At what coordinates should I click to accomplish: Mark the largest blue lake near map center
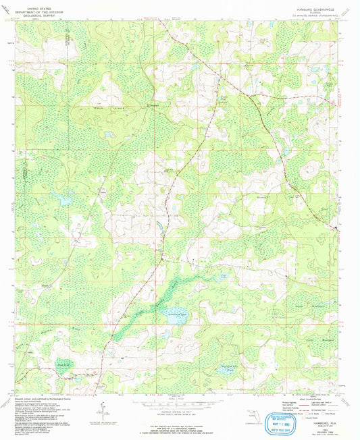click(x=170, y=313)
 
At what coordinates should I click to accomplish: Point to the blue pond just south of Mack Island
click(x=108, y=134)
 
